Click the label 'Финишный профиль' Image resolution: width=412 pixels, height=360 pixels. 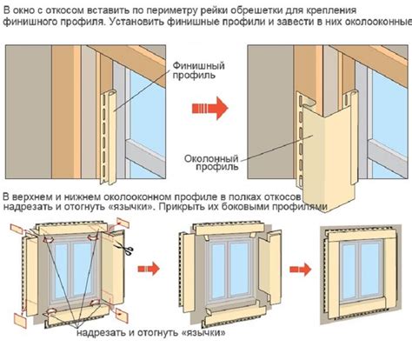(199, 70)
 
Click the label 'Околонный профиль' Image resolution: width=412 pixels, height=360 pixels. (211, 163)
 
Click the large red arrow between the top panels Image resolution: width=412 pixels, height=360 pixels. (210, 108)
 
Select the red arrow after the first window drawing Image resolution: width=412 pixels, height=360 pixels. (149, 269)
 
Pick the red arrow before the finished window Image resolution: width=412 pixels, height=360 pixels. (301, 270)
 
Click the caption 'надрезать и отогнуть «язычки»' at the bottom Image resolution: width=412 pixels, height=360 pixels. (151, 332)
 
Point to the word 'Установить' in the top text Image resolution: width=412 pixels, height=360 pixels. (135, 22)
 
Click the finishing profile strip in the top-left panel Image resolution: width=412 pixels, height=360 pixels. (109, 137)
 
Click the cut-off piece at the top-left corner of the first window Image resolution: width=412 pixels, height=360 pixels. (17, 229)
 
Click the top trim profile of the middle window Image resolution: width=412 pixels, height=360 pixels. (229, 230)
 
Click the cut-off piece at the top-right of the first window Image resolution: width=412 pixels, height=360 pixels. (123, 223)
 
